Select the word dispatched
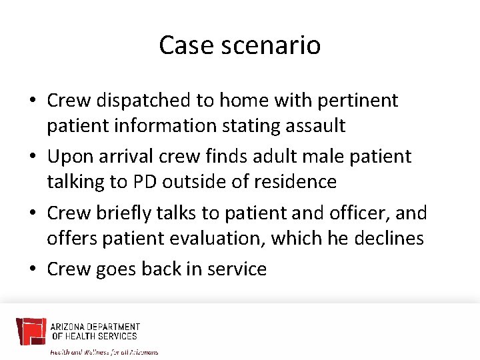coord(143,101)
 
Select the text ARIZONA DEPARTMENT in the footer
coord(95,327)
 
